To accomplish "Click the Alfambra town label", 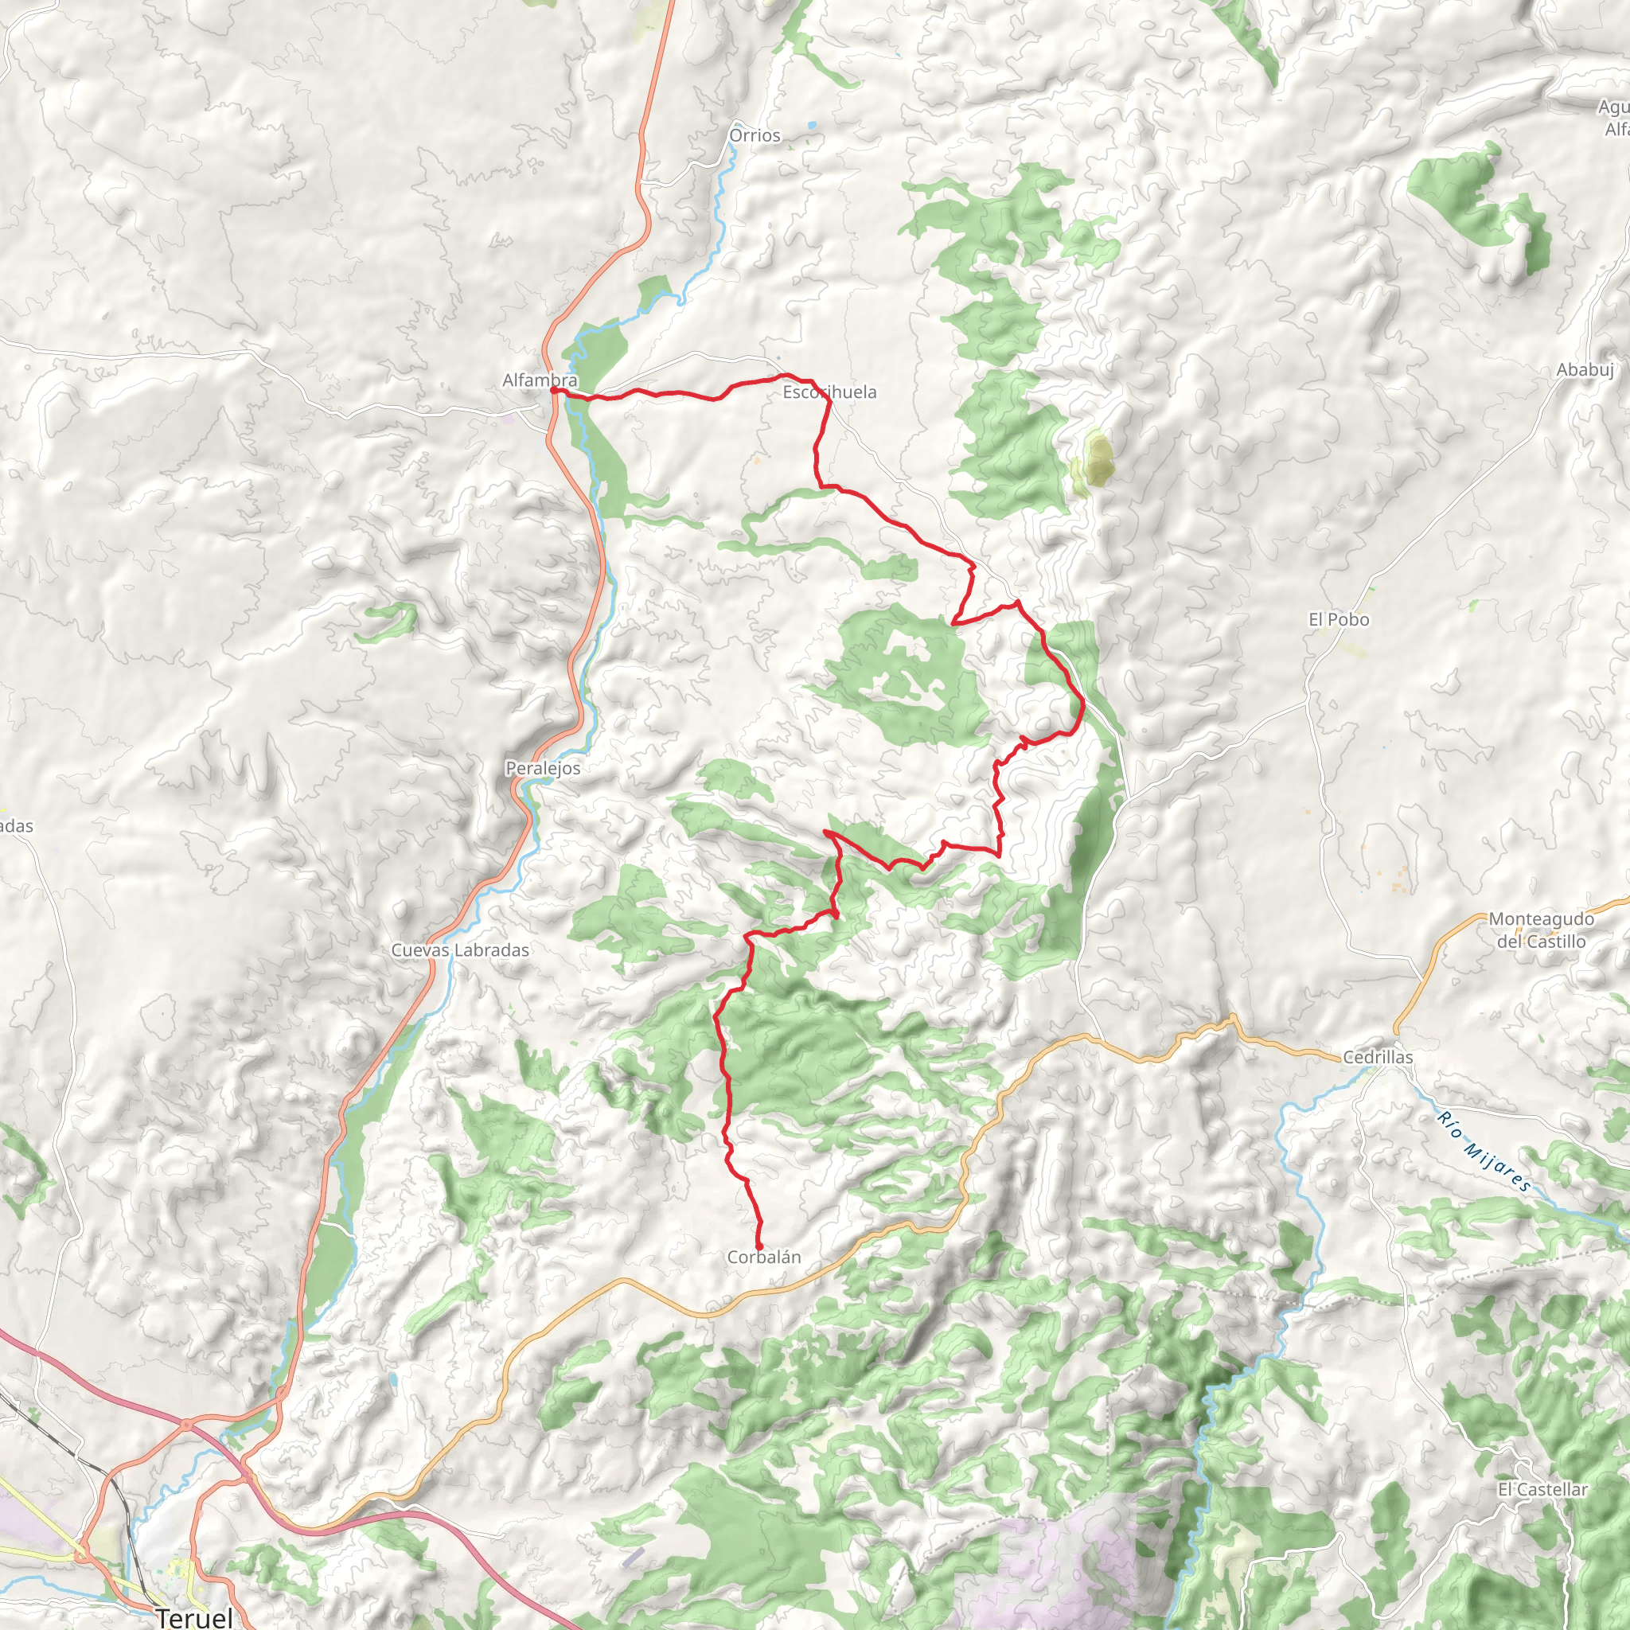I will (539, 380).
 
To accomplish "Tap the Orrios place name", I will (755, 135).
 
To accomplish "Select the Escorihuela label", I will (829, 392).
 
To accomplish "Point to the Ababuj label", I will (1585, 369).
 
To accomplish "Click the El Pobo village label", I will (1338, 620).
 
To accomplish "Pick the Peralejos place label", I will (543, 769).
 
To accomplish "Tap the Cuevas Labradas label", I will (460, 950).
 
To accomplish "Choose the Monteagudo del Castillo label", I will (1541, 930).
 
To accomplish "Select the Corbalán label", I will (763, 1257).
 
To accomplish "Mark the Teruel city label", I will (194, 1617).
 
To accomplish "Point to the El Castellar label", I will (1542, 1490).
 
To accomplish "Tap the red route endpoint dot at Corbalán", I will (758, 1246).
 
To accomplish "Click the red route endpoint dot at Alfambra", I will (552, 390).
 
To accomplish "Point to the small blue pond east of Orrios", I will (812, 125).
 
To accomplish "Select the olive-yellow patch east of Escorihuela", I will (1096, 461).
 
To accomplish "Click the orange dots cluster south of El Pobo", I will (1400, 877).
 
